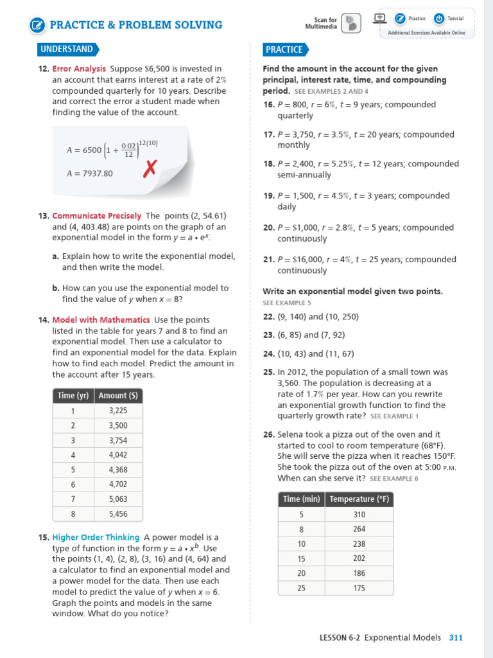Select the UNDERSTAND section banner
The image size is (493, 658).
[67, 49]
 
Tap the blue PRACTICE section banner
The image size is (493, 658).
[284, 49]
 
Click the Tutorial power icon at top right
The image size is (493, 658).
[439, 19]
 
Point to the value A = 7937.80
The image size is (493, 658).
[90, 173]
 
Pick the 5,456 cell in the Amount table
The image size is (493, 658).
[118, 514]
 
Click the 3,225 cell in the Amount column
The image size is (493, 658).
[118, 411]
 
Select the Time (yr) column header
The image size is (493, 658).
[73, 396]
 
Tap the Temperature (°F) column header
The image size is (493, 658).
[359, 499]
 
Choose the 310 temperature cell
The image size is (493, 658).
[359, 514]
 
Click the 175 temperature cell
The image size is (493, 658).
[359, 588]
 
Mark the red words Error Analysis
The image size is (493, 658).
[79, 69]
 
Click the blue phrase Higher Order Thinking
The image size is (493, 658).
[96, 537]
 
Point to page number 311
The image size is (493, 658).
[456, 637]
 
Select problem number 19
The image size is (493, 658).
[268, 196]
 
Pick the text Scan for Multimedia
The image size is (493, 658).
[321, 23]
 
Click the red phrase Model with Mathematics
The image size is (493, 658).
[101, 320]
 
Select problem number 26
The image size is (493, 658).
[268, 434]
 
